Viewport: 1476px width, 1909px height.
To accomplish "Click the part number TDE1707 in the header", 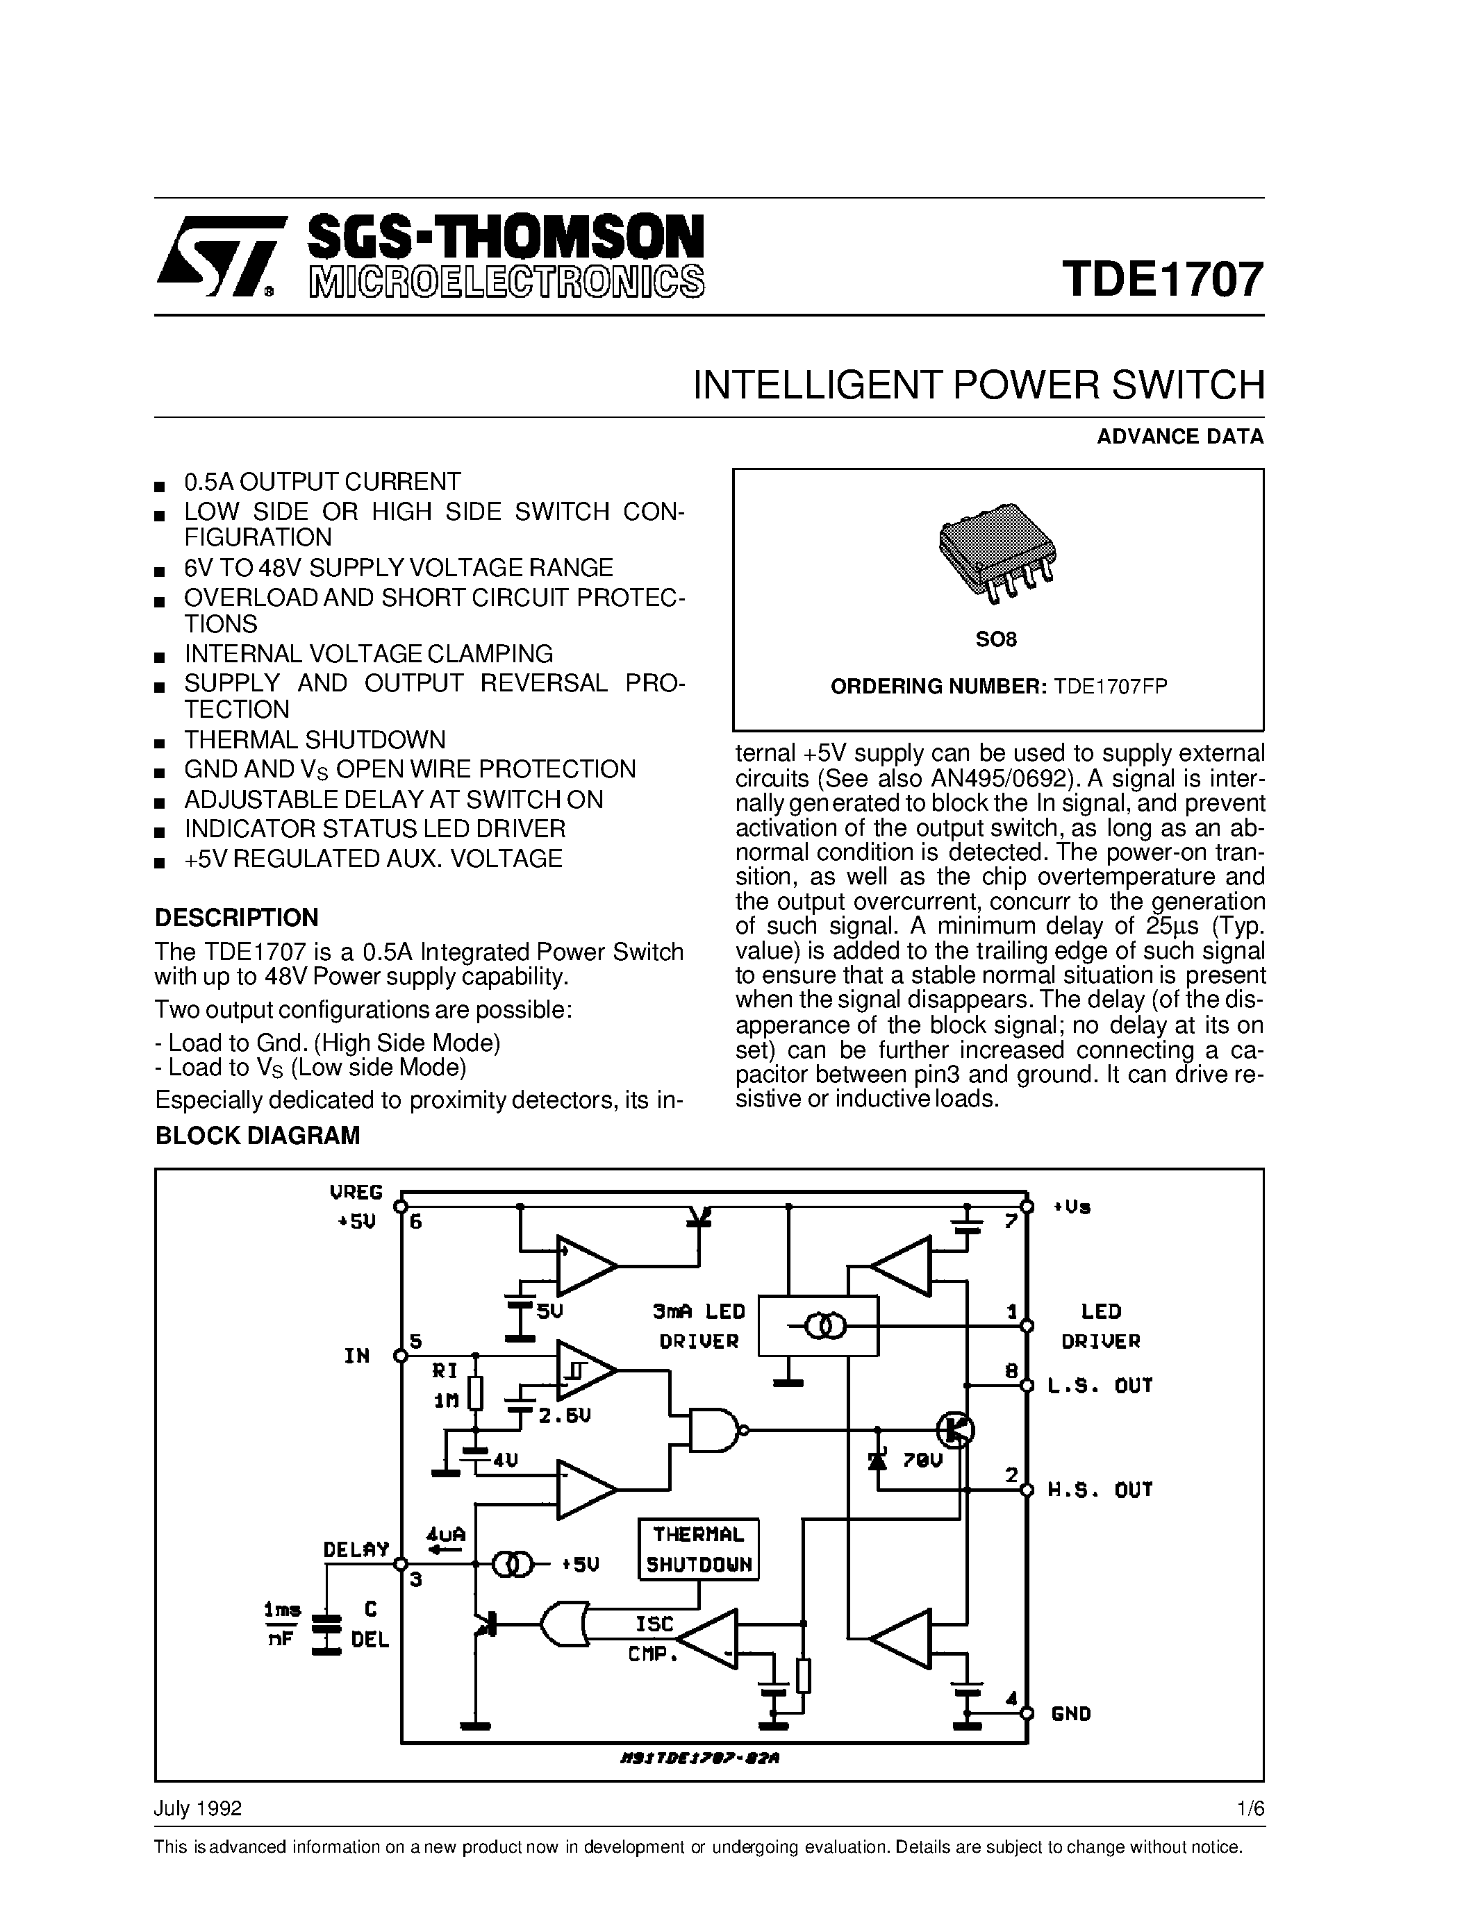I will point(1163,279).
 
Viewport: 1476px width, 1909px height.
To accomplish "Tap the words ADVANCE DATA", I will point(1179,436).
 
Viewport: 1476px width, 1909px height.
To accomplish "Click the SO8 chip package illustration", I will point(996,553).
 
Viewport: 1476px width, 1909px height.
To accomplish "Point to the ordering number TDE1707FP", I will point(1111,686).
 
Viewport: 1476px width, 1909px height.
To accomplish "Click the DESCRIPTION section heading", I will point(236,918).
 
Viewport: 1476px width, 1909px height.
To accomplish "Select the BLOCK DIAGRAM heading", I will point(257,1136).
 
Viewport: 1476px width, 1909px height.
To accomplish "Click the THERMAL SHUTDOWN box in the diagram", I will point(698,1549).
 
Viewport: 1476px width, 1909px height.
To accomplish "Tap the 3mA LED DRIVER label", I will point(699,1325).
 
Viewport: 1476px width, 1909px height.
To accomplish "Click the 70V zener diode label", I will point(922,1459).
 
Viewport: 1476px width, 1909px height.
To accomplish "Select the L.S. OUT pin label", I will point(1100,1385).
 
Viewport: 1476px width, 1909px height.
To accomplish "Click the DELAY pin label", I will point(356,1549).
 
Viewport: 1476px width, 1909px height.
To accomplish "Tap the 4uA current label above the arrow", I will point(445,1533).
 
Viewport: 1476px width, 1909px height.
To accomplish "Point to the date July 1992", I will point(198,1808).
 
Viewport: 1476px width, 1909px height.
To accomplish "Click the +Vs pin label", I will point(1072,1207).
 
